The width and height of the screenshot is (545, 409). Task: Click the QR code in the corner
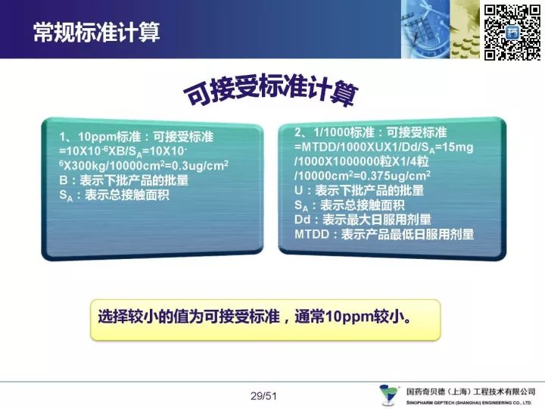512,32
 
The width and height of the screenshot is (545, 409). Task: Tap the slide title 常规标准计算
97,33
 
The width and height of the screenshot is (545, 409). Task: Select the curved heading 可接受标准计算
270,89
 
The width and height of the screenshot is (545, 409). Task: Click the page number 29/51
263,396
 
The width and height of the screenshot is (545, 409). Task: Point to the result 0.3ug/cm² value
200,165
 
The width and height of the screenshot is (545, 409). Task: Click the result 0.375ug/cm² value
395,176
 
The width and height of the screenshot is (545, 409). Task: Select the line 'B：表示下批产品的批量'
123,180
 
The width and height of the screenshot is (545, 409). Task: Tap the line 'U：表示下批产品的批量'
359,190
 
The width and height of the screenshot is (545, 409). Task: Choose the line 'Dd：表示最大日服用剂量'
363,220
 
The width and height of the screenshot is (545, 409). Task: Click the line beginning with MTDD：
384,234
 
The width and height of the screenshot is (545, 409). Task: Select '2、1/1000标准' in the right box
335,133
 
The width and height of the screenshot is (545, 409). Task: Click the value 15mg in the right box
458,147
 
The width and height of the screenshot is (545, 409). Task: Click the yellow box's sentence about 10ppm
254,317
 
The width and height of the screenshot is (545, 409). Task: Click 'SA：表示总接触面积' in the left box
114,195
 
